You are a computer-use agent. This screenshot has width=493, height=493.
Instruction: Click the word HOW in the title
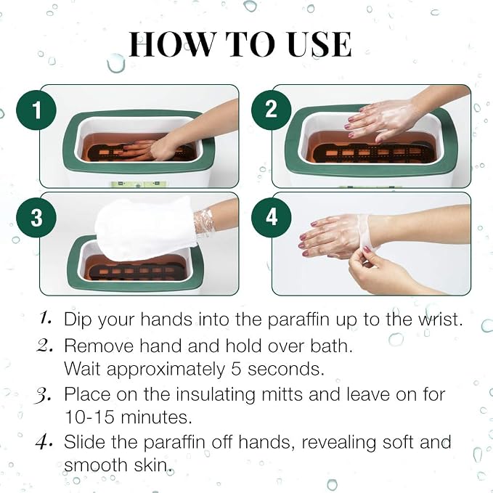point(171,44)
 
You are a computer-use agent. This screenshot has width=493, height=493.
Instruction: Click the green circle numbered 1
point(36,110)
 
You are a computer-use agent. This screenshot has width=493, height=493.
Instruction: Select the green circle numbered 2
point(272,110)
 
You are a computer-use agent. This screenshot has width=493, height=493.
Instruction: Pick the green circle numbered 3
point(36,218)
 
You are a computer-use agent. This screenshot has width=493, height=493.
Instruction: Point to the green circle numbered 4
point(272,217)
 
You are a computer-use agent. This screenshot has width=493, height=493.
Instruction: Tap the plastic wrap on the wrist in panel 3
point(204,221)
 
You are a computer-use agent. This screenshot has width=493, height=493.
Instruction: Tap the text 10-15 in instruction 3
point(89,417)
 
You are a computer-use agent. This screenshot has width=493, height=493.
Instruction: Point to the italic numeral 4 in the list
point(43,441)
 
